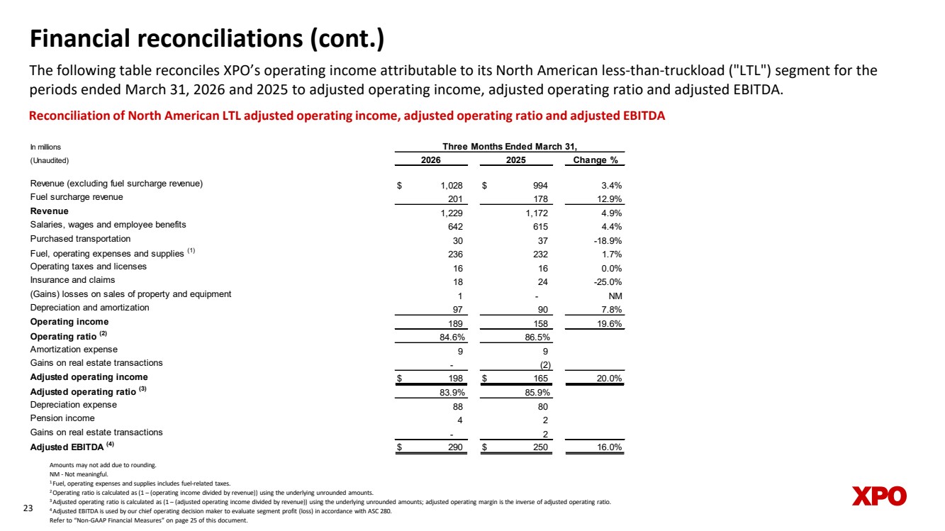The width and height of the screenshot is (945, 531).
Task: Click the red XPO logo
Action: coord(879,496)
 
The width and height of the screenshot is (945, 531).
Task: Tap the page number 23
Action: coord(28,508)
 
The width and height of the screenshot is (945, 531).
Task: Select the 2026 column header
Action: coord(431,160)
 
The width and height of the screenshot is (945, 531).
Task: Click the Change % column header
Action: coord(595,160)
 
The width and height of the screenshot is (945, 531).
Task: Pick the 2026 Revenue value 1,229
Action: coord(452,213)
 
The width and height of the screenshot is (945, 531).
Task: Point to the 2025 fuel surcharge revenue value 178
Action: coord(540,199)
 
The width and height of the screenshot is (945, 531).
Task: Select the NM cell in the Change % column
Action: coord(615,296)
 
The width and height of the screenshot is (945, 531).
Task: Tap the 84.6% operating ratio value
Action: coord(452,337)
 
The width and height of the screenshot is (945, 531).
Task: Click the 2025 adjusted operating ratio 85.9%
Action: coord(537,393)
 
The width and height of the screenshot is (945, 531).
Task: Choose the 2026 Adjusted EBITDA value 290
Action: coord(455,447)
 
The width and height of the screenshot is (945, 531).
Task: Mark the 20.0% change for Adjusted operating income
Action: coord(609,379)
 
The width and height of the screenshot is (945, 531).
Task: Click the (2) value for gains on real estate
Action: coord(545,365)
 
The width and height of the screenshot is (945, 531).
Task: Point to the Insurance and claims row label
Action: coord(72,280)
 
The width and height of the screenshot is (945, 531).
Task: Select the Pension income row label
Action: coord(62,418)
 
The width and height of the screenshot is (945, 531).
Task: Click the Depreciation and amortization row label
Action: coord(89,308)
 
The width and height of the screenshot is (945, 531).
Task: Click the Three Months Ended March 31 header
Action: coord(510,146)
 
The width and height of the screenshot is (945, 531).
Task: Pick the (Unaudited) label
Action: coord(50,161)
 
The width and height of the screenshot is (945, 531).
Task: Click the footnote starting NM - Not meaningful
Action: coord(79,474)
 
